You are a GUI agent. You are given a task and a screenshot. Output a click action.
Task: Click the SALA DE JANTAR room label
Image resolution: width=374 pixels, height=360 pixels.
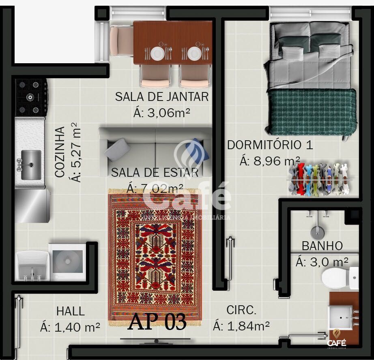pos(161,97)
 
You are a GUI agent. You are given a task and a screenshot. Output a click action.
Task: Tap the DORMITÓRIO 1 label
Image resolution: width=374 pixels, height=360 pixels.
pos(270,145)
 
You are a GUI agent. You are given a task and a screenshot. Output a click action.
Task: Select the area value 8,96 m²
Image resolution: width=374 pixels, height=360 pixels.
pos(270,161)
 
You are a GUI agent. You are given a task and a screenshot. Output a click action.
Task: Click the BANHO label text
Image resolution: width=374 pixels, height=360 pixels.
pos(322,246)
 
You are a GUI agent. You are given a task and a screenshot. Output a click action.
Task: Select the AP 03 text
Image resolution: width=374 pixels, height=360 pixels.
pos(157,322)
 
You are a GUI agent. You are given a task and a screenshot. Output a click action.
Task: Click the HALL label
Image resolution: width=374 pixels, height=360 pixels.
pos(71,311)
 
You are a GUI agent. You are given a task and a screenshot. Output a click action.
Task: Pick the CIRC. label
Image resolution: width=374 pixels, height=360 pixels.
pos(241,311)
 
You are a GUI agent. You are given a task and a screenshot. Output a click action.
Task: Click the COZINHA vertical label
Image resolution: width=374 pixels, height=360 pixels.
pos(60,152)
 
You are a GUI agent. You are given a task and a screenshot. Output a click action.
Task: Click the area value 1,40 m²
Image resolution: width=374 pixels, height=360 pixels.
pos(70,327)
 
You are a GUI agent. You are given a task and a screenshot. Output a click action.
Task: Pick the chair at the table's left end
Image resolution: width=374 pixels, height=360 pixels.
pos(120,41)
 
